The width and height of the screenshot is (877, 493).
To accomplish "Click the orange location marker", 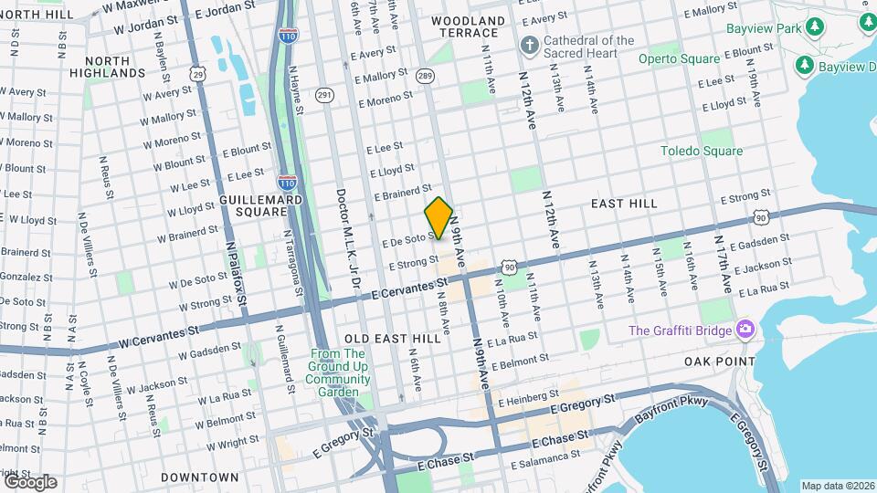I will (439, 218).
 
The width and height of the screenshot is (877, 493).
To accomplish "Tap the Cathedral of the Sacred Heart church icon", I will (529, 46).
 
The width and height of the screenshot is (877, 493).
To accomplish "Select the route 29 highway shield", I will (198, 72).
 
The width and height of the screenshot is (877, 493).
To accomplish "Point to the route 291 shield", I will (324, 94).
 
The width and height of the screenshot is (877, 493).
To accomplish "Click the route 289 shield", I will (425, 77).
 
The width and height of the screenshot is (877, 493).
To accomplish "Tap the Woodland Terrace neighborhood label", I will (468, 26).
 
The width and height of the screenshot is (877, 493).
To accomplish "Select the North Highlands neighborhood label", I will (108, 66).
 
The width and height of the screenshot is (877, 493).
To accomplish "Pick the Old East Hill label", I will (392, 338).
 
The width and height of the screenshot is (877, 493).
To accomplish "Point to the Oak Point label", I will (720, 362).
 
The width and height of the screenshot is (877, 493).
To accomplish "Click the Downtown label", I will (199, 477).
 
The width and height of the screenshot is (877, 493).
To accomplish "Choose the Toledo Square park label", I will (702, 152).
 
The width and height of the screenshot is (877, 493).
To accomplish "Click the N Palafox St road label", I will (236, 271).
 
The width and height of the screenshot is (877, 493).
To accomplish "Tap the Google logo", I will (30, 481).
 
